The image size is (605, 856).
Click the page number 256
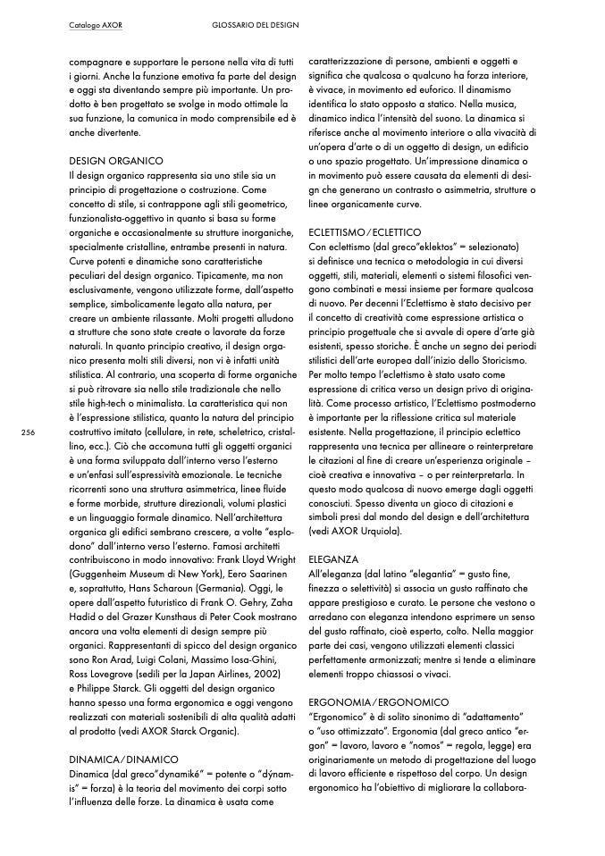(x=27, y=432)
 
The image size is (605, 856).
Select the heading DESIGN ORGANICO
(x=115, y=160)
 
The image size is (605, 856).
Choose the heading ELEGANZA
(x=333, y=558)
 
